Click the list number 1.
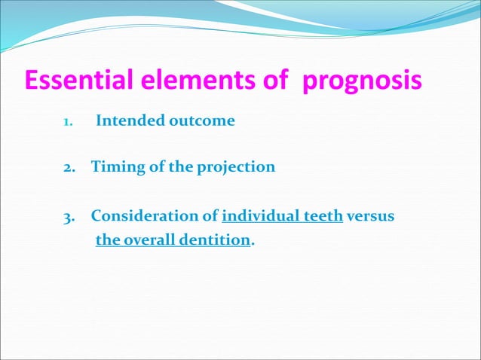pyautogui.click(x=66, y=121)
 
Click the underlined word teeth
pyautogui.click(x=323, y=217)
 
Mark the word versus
pyautogui.click(x=372, y=217)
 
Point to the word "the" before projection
pyautogui.click(x=181, y=167)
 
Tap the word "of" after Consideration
pyautogui.click(x=211, y=217)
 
